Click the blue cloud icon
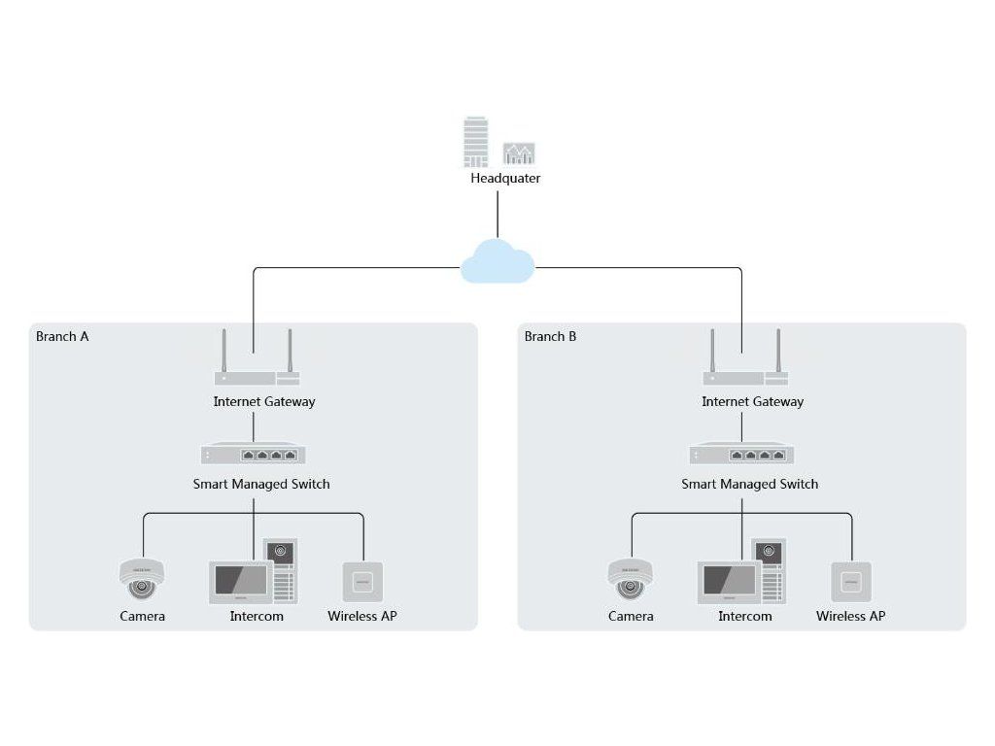[x=497, y=261]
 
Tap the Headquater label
[x=505, y=179]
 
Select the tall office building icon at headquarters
[x=476, y=142]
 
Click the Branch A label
[x=62, y=336]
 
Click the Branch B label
[x=550, y=336]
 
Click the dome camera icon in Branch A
[x=142, y=579]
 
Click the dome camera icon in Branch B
[x=630, y=579]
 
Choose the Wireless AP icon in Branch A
[x=363, y=582]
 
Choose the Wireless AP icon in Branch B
[x=851, y=582]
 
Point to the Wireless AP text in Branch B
[x=850, y=616]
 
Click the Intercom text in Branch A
[x=257, y=616]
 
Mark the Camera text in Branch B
[x=630, y=616]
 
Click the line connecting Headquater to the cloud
[x=497, y=215]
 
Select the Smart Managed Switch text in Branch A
[x=261, y=484]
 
